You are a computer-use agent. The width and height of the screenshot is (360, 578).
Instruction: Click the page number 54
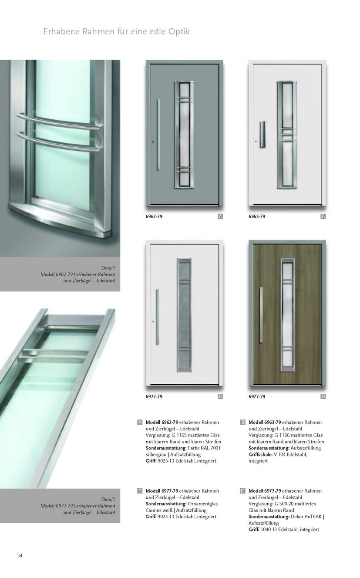tap(20, 555)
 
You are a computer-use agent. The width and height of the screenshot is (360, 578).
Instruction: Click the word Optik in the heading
tap(179, 32)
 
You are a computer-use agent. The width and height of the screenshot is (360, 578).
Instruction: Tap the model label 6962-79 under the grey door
tap(154, 216)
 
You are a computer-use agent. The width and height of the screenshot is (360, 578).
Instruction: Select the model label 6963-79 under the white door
tap(257, 216)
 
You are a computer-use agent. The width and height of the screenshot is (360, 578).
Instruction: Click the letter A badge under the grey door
tap(220, 216)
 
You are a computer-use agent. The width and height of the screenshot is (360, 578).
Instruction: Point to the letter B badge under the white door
tap(323, 216)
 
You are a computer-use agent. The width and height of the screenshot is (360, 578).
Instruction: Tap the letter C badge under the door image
tap(220, 397)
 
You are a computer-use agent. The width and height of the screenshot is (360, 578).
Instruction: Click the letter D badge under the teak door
tap(323, 397)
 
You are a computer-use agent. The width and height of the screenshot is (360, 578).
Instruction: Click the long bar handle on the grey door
tap(158, 135)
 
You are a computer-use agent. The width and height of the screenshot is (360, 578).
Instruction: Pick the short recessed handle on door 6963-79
tap(262, 134)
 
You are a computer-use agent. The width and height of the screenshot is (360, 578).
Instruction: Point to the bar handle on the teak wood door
tap(261, 315)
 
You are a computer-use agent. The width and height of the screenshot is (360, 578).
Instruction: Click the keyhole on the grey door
tap(153, 142)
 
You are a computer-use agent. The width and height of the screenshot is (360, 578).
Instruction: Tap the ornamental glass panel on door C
tap(184, 314)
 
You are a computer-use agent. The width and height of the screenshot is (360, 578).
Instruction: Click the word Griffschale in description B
tap(260, 454)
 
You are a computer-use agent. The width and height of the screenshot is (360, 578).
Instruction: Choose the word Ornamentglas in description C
tap(203, 504)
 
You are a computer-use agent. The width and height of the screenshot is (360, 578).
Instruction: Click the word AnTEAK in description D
tap(313, 516)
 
